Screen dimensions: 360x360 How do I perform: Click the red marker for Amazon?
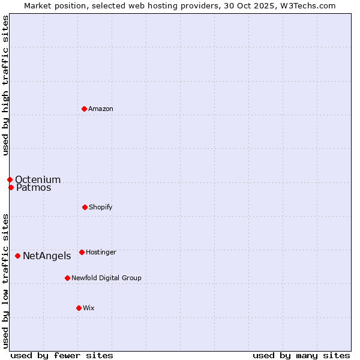tap(84, 109)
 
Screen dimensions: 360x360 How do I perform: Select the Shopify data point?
tap(85, 207)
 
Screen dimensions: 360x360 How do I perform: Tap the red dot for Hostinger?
tap(82, 252)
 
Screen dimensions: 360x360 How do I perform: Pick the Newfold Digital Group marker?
tap(67, 278)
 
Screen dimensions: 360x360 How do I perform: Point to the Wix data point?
tap(79, 308)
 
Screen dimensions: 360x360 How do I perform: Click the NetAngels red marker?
tap(17, 256)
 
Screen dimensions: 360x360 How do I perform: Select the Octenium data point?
tap(10, 179)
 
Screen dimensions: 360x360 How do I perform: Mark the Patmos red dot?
tap(11, 187)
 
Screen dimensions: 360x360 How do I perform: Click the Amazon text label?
tap(101, 109)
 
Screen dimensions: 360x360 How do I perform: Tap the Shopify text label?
tap(100, 207)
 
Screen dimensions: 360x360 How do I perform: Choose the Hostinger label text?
tap(101, 252)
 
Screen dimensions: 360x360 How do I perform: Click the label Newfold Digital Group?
tap(106, 278)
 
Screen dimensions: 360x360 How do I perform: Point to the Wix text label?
tap(89, 308)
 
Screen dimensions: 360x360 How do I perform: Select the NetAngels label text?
tap(47, 256)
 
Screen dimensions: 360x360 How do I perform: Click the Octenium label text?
tap(38, 180)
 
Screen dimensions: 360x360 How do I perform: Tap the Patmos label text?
tap(34, 188)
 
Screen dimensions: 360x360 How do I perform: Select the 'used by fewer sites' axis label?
tap(62, 355)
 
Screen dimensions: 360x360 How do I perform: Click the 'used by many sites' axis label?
tap(301, 355)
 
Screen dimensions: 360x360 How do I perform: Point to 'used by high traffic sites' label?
tap(5, 85)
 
